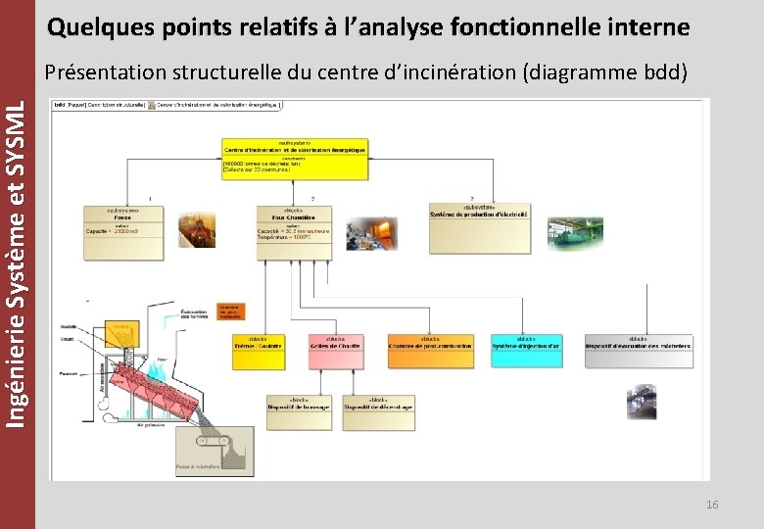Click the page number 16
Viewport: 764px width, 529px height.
[x=712, y=505]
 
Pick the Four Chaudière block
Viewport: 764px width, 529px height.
[x=294, y=232]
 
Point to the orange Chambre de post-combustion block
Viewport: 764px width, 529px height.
[x=429, y=346]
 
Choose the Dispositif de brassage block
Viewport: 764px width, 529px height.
[x=299, y=412]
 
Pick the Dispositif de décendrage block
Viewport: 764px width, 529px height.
[x=378, y=412]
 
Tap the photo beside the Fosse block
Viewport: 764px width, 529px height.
[x=196, y=230]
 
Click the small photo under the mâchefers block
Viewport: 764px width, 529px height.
[x=642, y=402]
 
